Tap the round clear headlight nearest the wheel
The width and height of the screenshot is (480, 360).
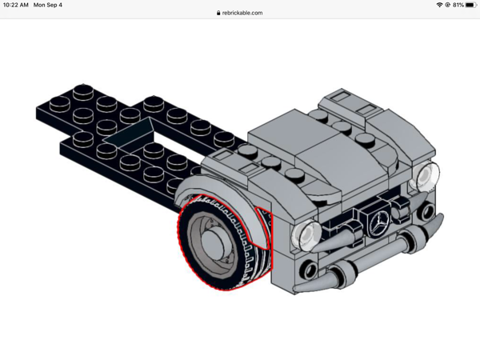tap(303, 234)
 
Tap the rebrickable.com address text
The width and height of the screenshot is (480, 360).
tap(242, 13)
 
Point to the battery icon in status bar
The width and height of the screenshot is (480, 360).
tap(470, 5)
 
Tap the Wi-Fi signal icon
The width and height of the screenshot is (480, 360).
tap(439, 5)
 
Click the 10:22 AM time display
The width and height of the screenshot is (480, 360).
tap(16, 5)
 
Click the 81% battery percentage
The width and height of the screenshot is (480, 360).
tap(457, 5)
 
